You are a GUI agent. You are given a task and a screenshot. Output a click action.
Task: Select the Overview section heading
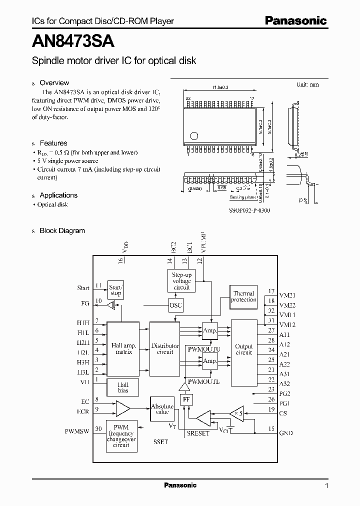54,83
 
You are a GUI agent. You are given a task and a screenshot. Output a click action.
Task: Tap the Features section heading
53,143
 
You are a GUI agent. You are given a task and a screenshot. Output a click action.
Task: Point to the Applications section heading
58,195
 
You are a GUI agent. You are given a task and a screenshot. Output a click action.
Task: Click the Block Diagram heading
62,231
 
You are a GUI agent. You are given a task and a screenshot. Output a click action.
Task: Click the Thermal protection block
243,297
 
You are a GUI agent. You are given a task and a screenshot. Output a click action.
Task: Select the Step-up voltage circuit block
181,281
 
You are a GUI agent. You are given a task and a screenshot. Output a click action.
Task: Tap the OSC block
175,305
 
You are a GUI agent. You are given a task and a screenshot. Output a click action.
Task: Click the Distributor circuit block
165,348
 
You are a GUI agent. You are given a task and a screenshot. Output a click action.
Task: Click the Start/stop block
115,290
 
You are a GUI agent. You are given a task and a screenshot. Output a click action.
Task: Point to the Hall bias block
122,387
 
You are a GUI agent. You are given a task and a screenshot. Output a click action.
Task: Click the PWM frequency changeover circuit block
122,435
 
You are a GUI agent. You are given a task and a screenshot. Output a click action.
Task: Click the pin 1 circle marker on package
194,135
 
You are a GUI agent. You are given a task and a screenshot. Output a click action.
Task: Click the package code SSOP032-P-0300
250,210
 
